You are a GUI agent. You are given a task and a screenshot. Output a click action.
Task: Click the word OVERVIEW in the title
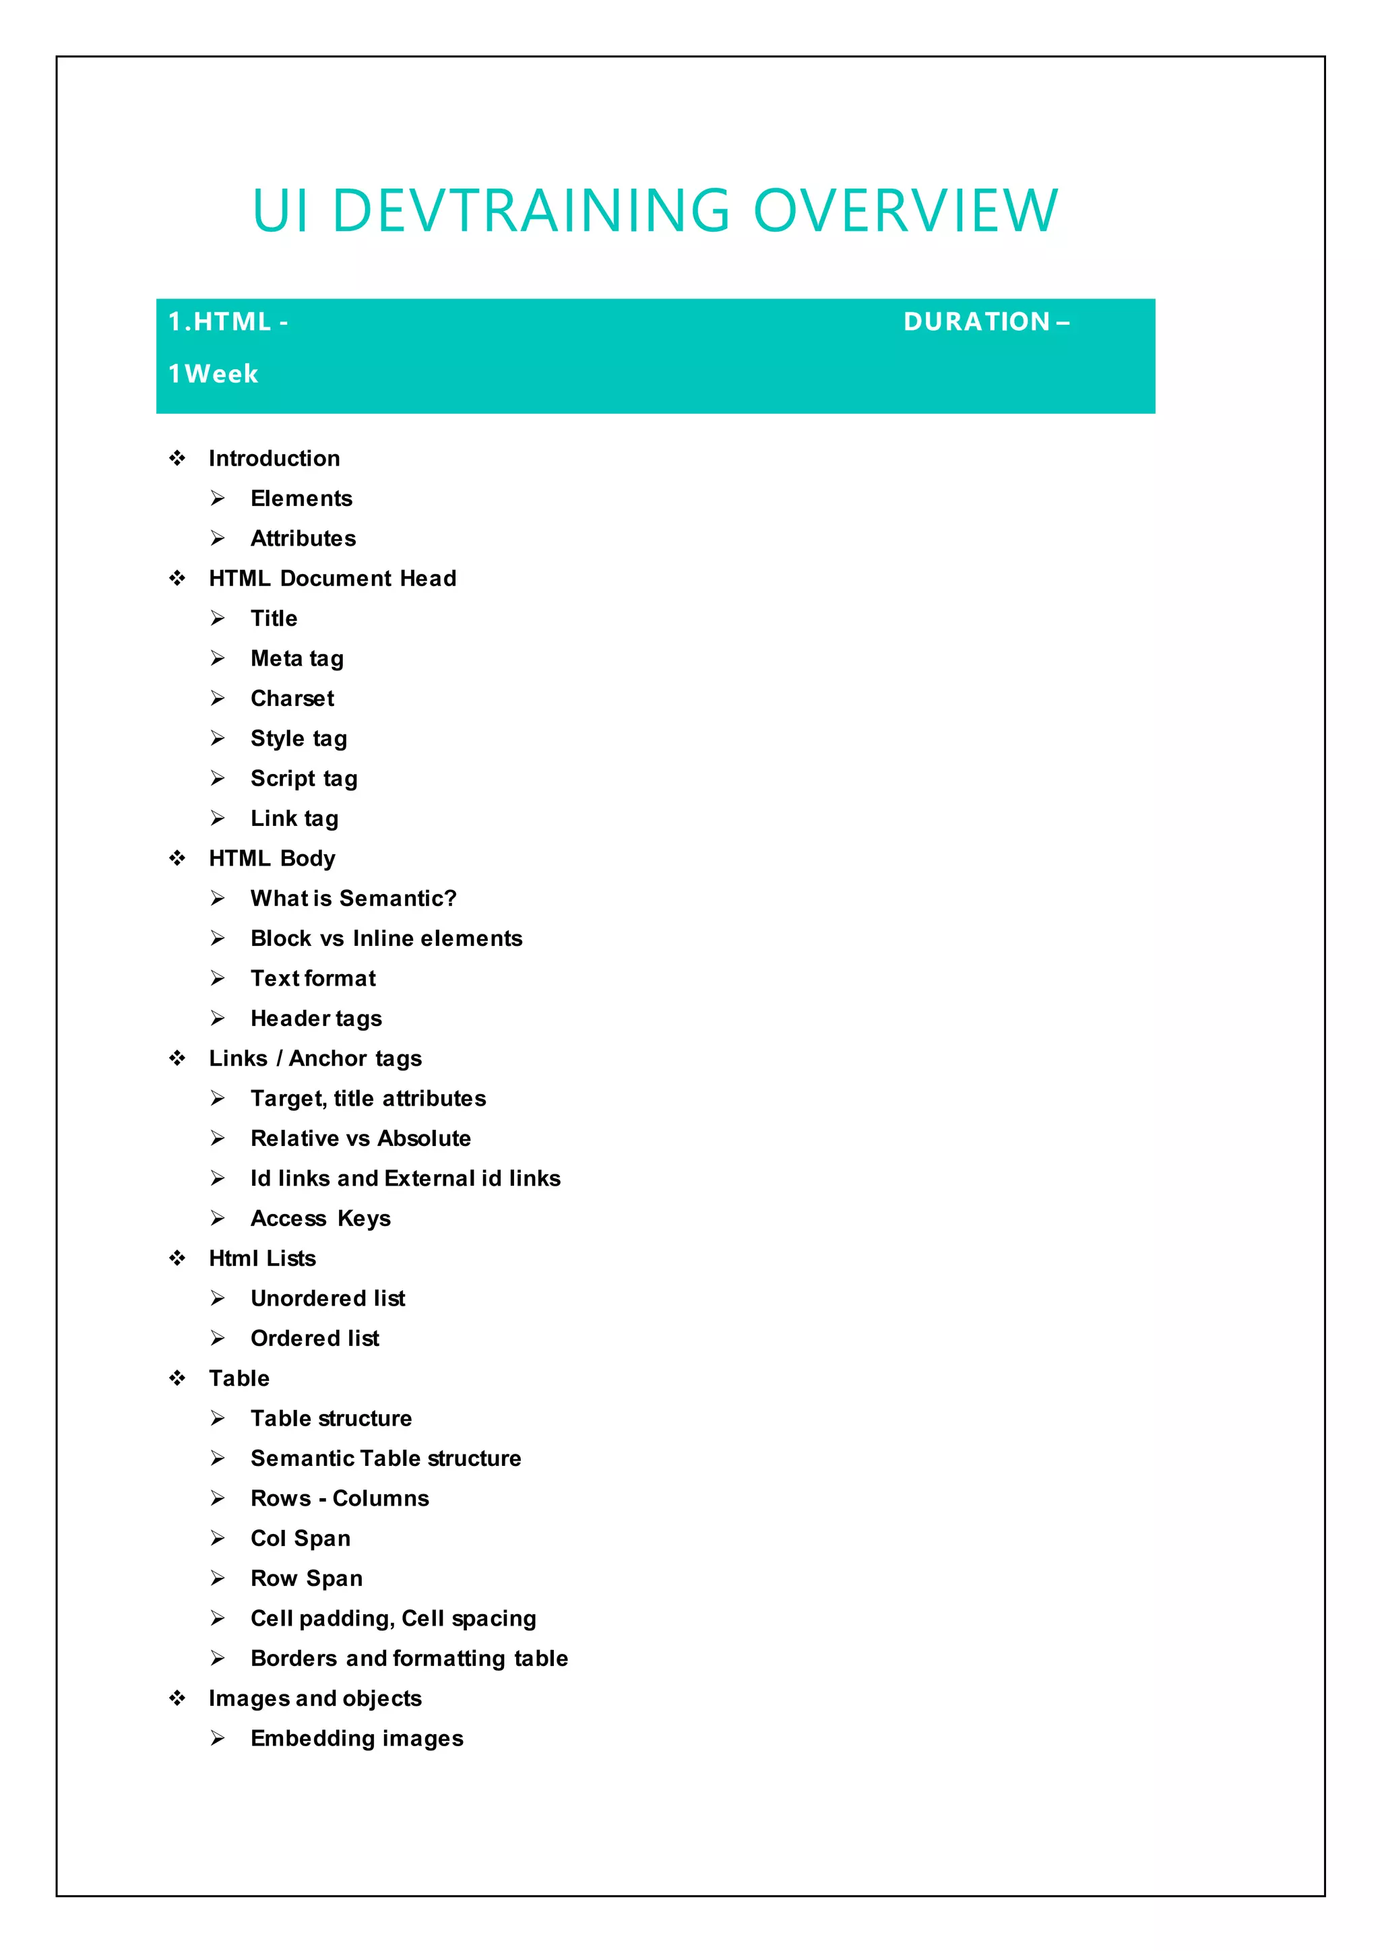906,211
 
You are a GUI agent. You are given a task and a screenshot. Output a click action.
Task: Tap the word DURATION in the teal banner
977,322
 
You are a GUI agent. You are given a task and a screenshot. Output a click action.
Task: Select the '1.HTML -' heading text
228,322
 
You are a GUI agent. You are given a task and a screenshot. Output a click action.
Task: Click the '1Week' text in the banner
214,374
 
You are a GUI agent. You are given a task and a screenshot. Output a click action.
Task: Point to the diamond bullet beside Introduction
177,459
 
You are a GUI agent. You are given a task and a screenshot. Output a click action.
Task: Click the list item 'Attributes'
303,539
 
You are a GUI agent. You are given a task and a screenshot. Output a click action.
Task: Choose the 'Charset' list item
292,699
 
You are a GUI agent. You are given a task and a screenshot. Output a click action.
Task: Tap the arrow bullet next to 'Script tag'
218,778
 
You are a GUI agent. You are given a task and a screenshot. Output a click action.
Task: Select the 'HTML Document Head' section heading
332,579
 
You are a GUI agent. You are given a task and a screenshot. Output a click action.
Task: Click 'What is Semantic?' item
354,898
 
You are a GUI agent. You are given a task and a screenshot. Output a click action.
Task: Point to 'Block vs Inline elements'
386,938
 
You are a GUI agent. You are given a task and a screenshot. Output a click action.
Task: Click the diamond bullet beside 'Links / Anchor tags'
177,1059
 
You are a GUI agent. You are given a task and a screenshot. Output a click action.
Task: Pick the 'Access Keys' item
320,1219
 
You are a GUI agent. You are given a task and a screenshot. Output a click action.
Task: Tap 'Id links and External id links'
406,1178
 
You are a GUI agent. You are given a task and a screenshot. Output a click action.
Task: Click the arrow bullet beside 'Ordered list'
218,1339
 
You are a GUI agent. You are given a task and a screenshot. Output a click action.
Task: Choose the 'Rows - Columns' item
339,1498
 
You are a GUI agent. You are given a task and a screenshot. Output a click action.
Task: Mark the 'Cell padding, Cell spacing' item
393,1618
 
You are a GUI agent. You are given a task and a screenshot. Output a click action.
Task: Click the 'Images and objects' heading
315,1698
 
